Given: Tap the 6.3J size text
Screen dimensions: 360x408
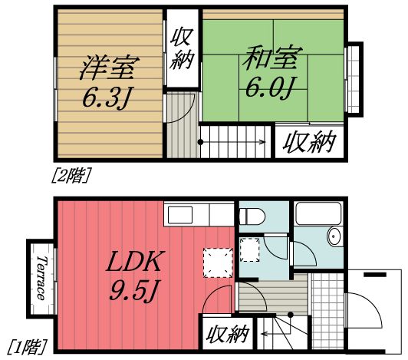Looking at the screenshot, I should tap(108, 98).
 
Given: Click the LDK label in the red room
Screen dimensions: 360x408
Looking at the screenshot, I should tap(135, 263).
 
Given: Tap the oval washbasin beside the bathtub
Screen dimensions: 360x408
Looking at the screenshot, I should tap(334, 236).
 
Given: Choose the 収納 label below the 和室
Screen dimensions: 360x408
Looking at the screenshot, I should tap(310, 141).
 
